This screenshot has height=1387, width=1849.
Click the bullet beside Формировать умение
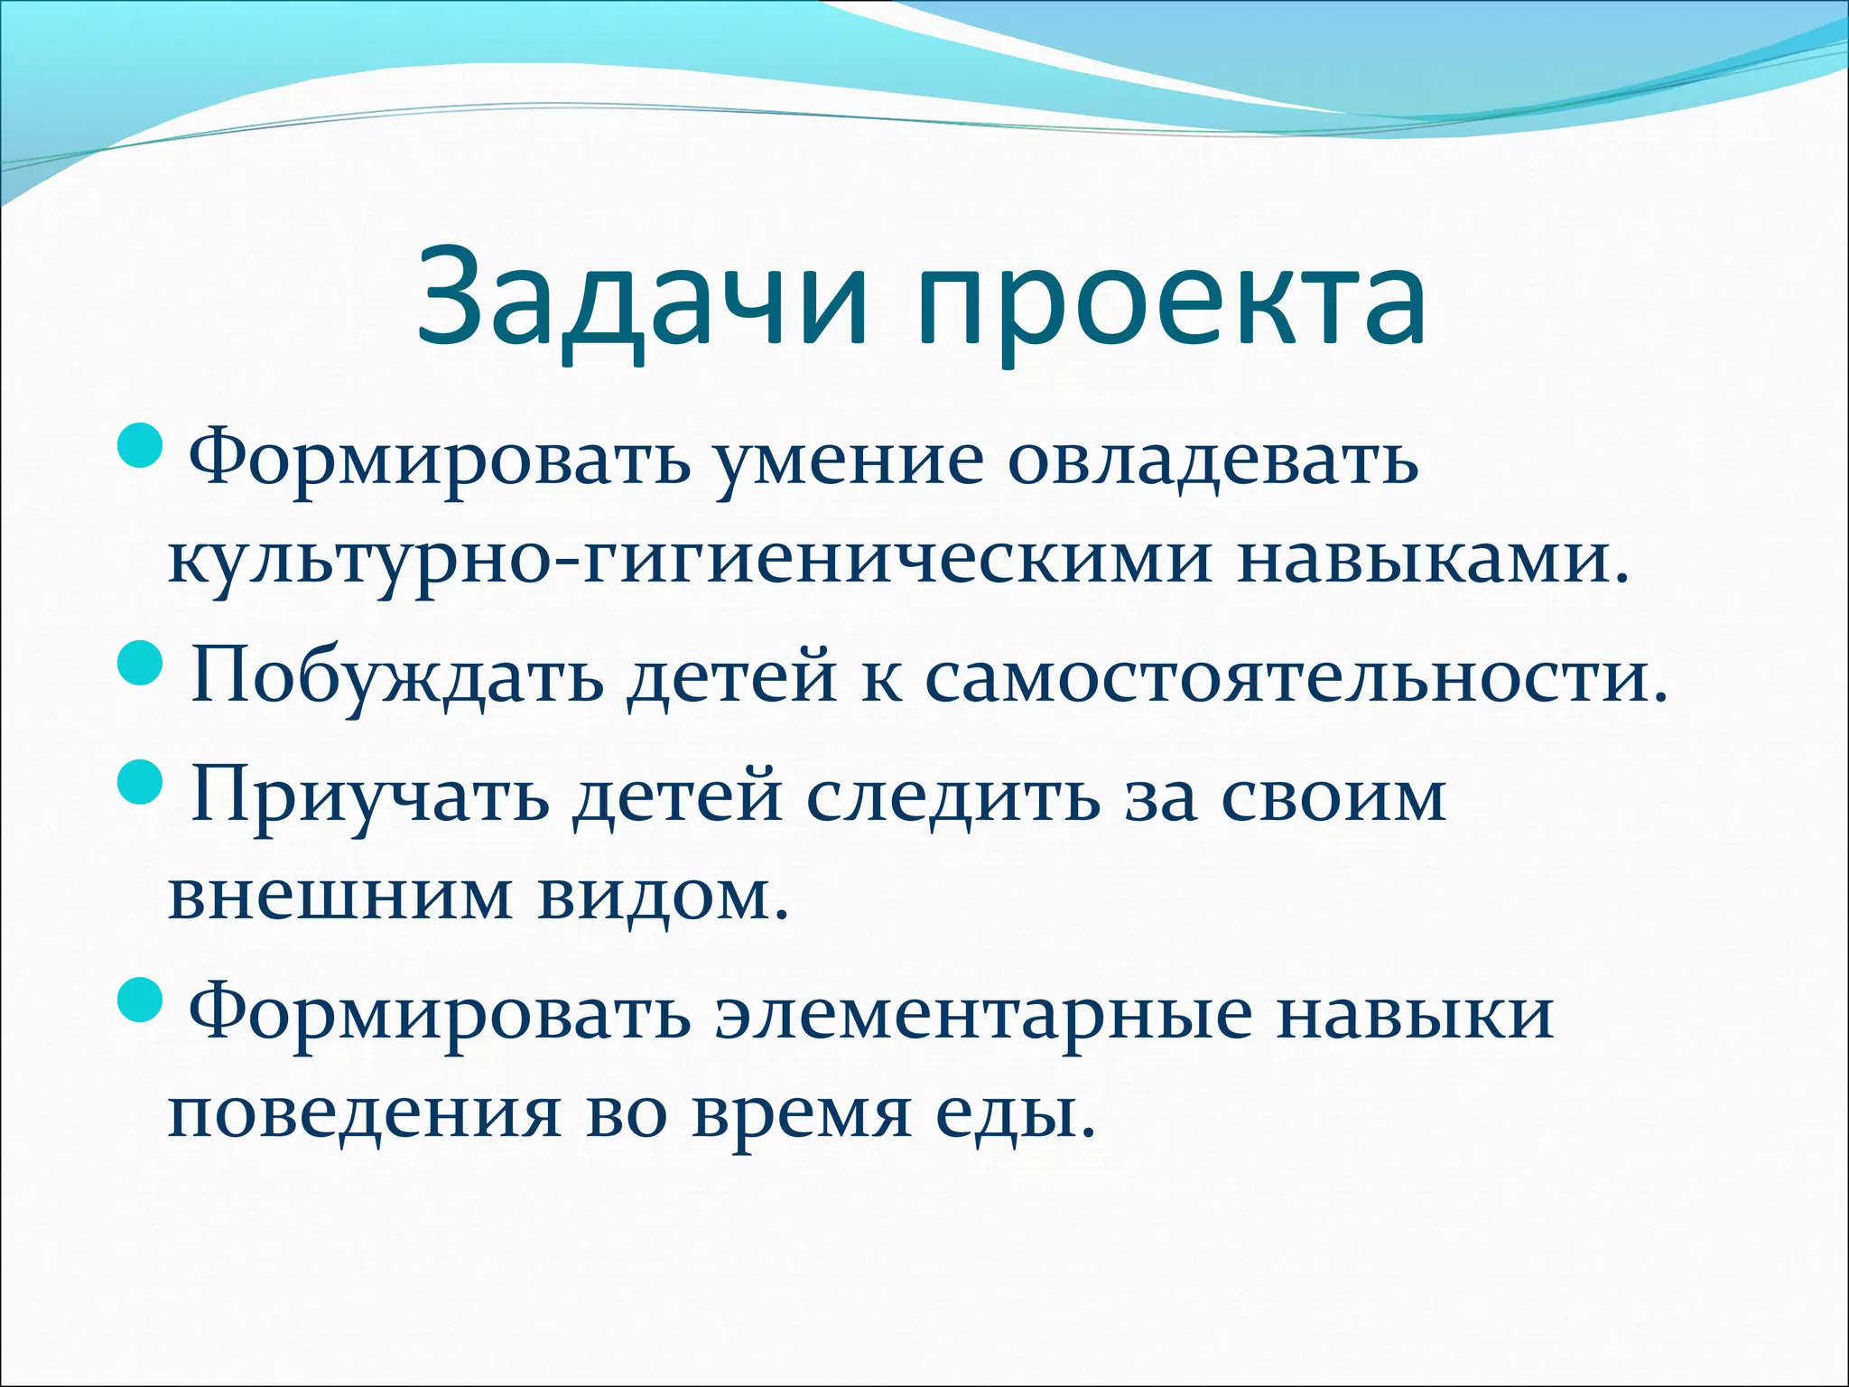pos(141,446)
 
